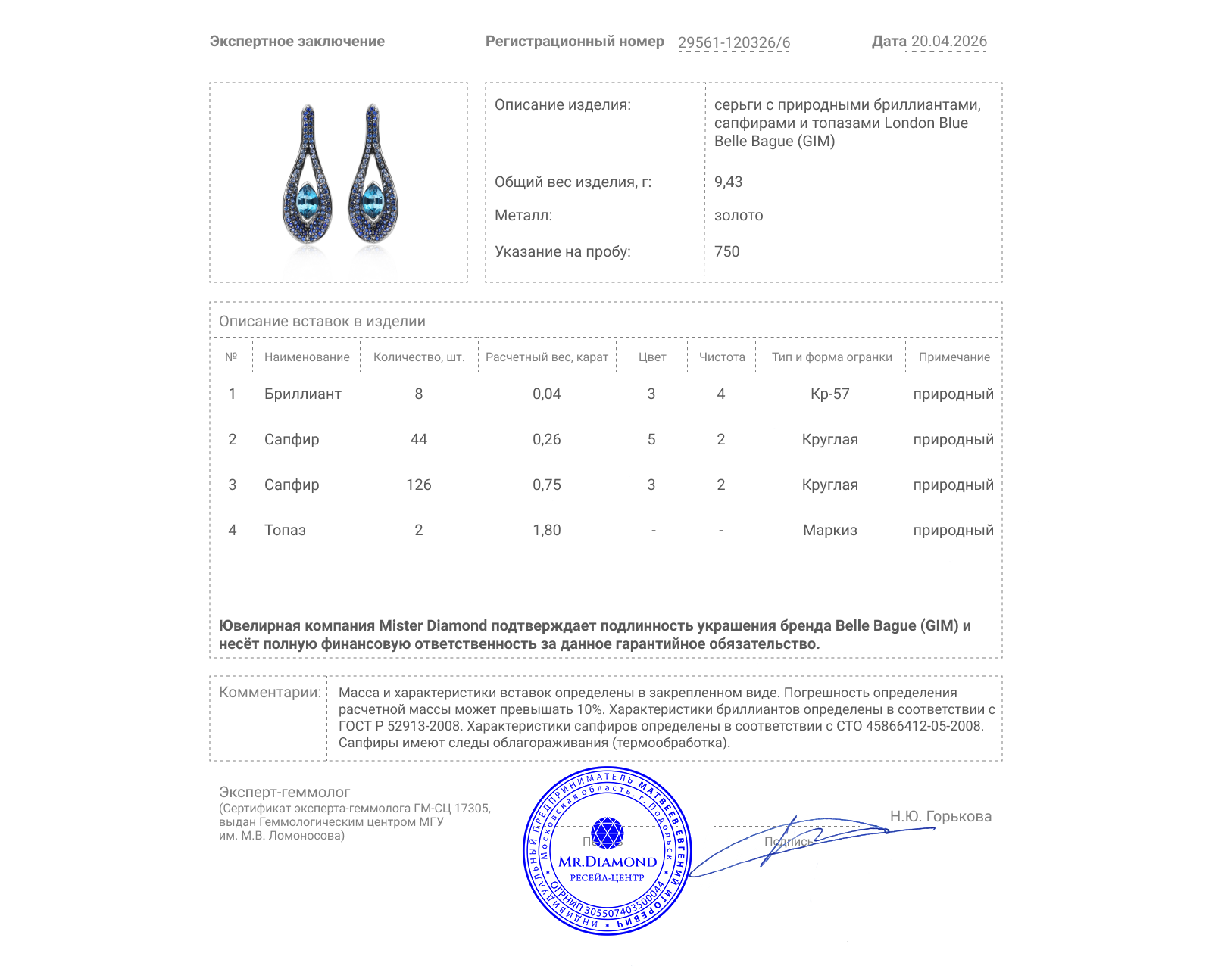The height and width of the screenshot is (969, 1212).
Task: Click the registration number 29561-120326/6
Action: tap(733, 42)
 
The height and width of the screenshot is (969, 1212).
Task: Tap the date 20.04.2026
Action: tap(948, 42)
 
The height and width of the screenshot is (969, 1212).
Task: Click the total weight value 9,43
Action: tap(728, 182)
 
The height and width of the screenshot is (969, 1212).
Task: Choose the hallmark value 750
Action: tap(726, 251)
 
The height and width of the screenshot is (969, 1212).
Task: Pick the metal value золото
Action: tap(739, 215)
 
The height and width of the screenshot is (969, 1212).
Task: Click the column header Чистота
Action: tap(722, 357)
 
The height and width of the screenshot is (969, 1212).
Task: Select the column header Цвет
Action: tap(651, 357)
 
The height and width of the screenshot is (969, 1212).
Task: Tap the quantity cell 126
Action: tap(418, 484)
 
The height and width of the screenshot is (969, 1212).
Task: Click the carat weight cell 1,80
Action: tap(546, 530)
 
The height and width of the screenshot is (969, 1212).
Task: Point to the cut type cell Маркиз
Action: tap(829, 530)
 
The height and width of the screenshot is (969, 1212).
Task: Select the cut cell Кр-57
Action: tap(829, 394)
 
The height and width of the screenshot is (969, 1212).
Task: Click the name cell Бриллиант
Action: tap(302, 394)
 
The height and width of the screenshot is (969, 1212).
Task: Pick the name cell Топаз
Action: tap(285, 530)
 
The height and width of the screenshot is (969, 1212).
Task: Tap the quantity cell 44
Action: tap(418, 439)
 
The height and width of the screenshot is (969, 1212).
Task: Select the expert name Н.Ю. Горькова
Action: tap(940, 816)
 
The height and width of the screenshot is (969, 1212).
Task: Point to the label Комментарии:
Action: tap(270, 692)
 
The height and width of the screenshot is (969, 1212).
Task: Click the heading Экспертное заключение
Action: tap(297, 42)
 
